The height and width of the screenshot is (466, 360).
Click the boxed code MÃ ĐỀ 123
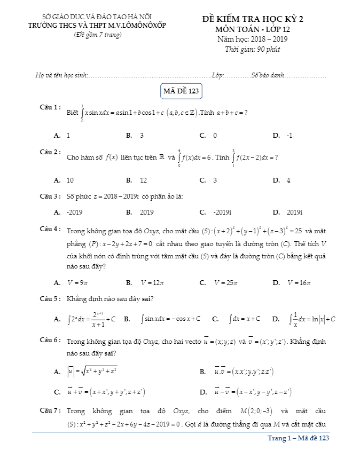(181, 91)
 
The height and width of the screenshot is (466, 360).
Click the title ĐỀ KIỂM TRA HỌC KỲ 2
(253, 19)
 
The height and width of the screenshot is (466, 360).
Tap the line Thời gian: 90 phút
(253, 50)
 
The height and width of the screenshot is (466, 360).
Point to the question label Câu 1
(50, 107)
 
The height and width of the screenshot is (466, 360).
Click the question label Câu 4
(50, 230)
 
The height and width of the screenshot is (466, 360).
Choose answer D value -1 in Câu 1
(289, 136)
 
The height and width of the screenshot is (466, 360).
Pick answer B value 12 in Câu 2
(144, 180)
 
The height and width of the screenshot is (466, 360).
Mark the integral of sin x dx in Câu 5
(171, 319)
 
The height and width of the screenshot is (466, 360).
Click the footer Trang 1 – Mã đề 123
(298, 438)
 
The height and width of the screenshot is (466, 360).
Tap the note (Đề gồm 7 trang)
(98, 35)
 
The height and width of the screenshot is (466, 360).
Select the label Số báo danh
(267, 76)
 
